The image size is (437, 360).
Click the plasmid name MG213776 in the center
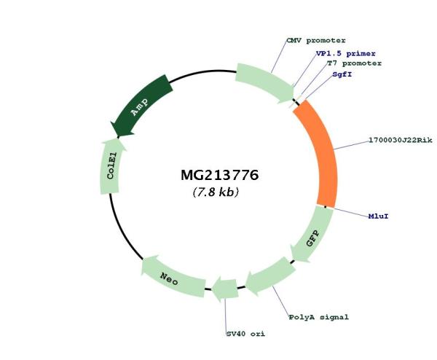click(220, 175)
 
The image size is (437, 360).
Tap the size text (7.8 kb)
click(216, 192)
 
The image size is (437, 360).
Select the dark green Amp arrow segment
click(141, 106)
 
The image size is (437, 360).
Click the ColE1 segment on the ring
click(111, 166)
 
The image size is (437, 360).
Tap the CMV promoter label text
click(316, 41)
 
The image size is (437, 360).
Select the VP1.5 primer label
click(345, 53)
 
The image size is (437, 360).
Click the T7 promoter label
click(354, 63)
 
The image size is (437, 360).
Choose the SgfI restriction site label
click(342, 75)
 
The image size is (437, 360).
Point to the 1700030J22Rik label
click(401, 140)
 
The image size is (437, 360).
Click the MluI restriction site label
click(378, 216)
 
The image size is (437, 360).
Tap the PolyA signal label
click(318, 317)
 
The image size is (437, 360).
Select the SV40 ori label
click(245, 334)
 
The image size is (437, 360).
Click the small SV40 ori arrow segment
click(225, 289)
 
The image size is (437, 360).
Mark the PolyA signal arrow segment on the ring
click(269, 276)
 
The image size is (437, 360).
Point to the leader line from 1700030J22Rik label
click(351, 145)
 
